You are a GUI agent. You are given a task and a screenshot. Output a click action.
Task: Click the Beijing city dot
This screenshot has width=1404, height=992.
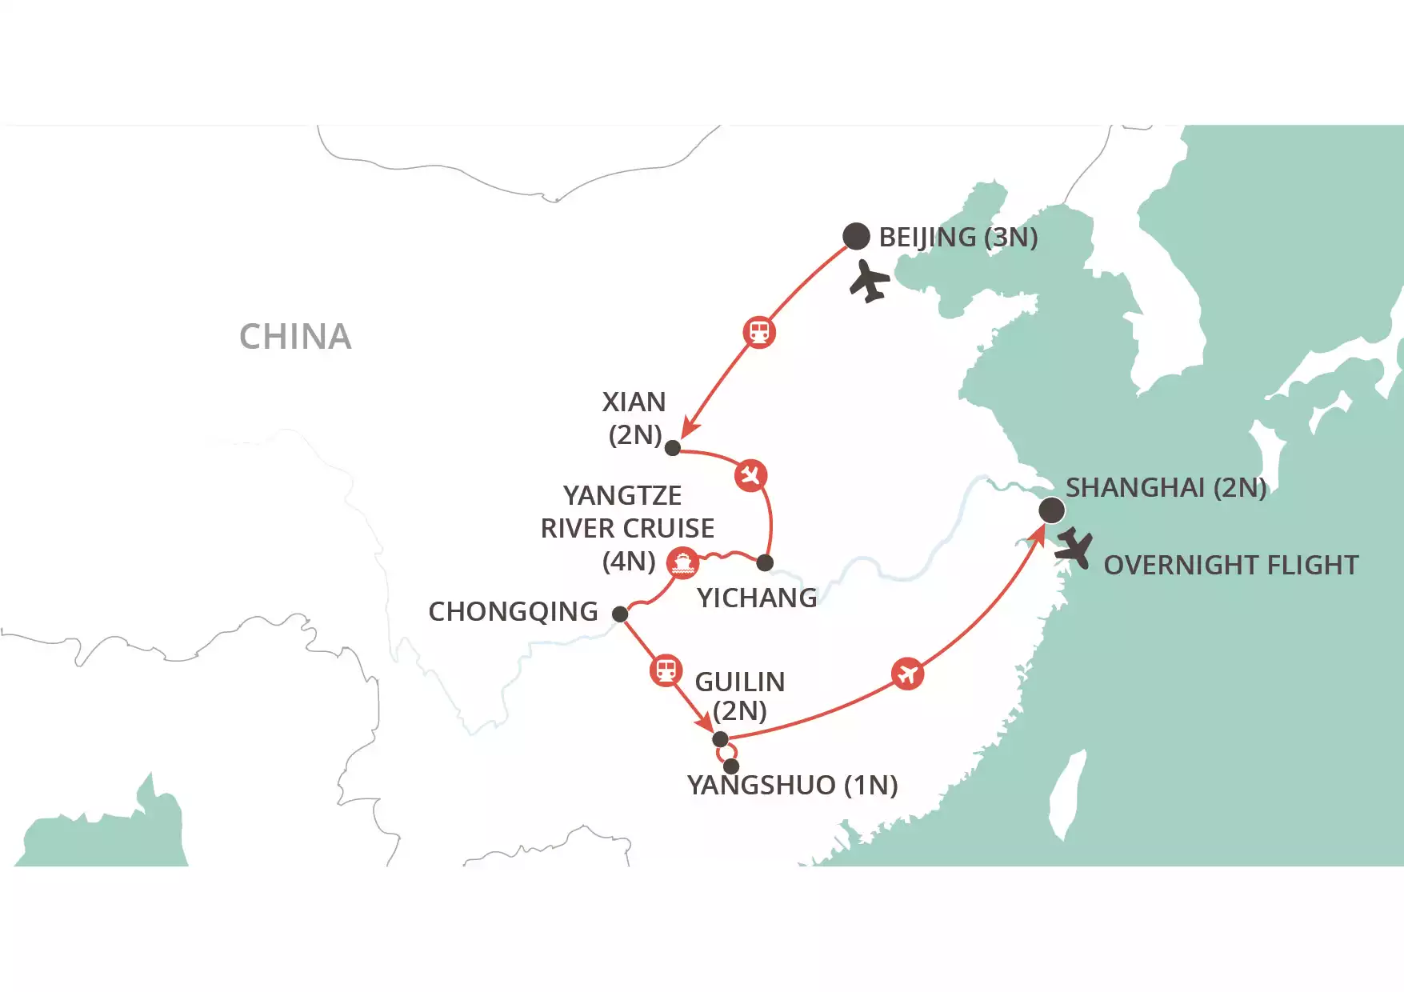pyautogui.click(x=856, y=236)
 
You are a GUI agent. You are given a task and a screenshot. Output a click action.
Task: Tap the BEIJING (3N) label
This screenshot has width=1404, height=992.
pyautogui.click(x=958, y=238)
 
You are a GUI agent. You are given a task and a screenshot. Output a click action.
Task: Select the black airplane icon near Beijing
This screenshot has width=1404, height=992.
pyautogui.click(x=869, y=282)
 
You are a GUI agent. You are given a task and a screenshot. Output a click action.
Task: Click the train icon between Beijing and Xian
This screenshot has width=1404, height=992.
pyautogui.click(x=759, y=331)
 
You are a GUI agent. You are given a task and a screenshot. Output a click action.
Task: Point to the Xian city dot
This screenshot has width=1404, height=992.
pyautogui.click(x=673, y=448)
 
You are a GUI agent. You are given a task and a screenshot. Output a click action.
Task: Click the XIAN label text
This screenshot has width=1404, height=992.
pyautogui.click(x=634, y=402)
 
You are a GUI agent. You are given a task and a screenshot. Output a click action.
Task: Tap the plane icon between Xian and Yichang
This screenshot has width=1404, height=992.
pyautogui.click(x=750, y=475)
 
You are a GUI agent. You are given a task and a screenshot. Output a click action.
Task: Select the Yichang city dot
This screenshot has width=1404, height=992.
pyautogui.click(x=765, y=563)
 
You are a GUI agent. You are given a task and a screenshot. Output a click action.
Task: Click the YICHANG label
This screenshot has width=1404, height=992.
pyautogui.click(x=757, y=598)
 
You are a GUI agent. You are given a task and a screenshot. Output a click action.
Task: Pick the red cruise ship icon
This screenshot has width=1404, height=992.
pyautogui.click(x=682, y=563)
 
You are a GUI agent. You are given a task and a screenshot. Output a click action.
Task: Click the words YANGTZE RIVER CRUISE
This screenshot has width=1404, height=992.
pyautogui.click(x=626, y=512)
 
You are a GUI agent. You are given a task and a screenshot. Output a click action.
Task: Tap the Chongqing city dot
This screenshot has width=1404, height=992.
pyautogui.click(x=620, y=614)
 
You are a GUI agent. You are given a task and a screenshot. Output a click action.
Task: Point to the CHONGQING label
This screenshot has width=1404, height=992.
pyautogui.click(x=513, y=612)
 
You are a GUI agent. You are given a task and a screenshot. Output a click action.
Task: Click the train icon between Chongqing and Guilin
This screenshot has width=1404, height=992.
pyautogui.click(x=666, y=670)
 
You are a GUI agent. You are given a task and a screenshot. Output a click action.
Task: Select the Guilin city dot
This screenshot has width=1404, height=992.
pyautogui.click(x=720, y=738)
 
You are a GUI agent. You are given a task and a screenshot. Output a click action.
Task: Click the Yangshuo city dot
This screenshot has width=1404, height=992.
pyautogui.click(x=731, y=766)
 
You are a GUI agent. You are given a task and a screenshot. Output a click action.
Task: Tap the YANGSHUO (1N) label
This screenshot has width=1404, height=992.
pyautogui.click(x=792, y=786)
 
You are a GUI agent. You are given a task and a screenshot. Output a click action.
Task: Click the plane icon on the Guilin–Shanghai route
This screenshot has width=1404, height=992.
pyautogui.click(x=907, y=674)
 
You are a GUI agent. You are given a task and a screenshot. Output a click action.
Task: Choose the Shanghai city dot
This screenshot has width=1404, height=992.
pyautogui.click(x=1051, y=510)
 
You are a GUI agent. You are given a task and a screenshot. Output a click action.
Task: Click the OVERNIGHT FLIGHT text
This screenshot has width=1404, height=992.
pyautogui.click(x=1230, y=566)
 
